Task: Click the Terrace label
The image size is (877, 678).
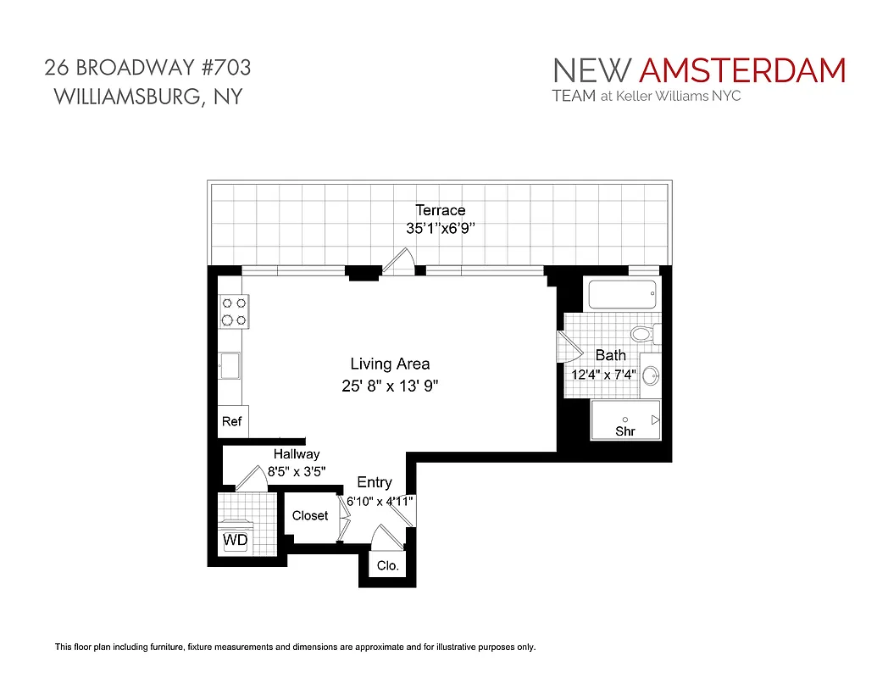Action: (x=440, y=210)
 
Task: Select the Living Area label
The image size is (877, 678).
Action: (x=390, y=364)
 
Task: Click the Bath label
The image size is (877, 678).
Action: (x=610, y=355)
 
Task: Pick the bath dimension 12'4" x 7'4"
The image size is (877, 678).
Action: (x=604, y=374)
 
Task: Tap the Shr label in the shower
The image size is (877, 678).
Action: (x=624, y=432)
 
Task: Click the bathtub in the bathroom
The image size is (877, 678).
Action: (x=623, y=296)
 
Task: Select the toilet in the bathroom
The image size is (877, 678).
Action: (x=643, y=333)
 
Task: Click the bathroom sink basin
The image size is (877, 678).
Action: (x=651, y=375)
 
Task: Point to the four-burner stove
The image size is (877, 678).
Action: (x=233, y=311)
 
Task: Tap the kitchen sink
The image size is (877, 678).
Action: (x=230, y=367)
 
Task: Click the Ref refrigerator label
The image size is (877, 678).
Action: (x=231, y=421)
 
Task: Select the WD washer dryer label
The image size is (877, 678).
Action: (x=235, y=539)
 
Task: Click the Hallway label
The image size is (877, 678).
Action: (x=297, y=454)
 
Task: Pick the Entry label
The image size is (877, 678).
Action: (x=375, y=482)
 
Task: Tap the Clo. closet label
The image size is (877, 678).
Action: (x=387, y=566)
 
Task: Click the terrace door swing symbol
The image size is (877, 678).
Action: (x=397, y=260)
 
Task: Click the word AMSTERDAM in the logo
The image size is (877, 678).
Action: (x=742, y=70)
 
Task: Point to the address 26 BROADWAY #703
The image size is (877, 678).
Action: (x=147, y=67)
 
